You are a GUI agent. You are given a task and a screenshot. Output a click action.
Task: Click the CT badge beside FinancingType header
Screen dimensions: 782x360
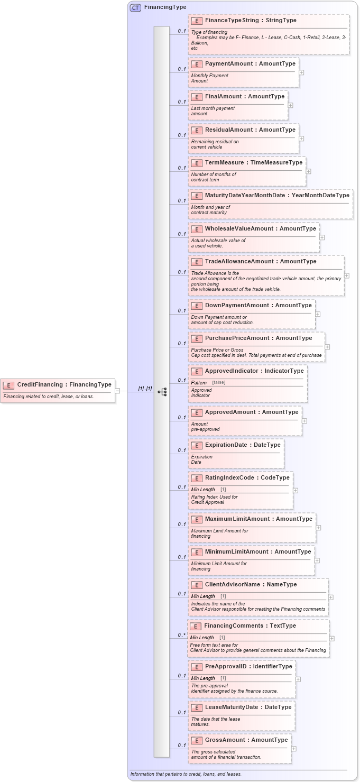tap(135, 8)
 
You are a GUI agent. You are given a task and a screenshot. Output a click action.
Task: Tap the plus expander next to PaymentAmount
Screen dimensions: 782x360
tap(301, 72)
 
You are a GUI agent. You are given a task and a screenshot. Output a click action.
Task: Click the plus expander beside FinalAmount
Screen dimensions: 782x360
tap(290, 105)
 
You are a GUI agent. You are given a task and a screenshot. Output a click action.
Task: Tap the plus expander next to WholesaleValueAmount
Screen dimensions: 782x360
tap(322, 237)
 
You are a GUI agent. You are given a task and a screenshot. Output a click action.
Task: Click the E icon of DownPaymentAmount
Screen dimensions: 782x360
tap(197, 306)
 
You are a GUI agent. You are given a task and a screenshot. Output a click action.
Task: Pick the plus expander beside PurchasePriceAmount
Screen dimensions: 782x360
tap(327, 347)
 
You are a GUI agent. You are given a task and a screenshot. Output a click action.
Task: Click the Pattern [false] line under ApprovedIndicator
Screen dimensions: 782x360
tap(208, 382)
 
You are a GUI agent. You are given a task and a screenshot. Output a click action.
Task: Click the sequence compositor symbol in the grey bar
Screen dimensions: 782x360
tap(162, 392)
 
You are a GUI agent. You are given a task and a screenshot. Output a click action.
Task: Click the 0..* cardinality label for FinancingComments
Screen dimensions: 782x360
tap(181, 635)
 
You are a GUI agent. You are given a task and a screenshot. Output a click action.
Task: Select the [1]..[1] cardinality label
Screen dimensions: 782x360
tap(145, 389)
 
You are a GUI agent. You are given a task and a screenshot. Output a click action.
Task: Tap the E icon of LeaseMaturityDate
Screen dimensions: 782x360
tap(197, 707)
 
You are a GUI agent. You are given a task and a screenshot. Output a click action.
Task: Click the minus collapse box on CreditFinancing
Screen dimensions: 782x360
tap(117, 391)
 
